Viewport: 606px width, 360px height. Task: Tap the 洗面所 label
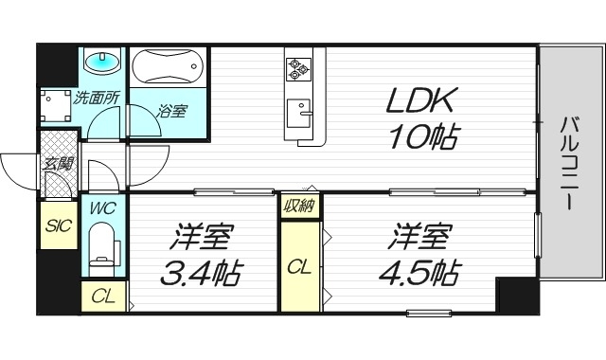(97, 96)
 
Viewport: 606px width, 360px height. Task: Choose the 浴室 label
(171, 111)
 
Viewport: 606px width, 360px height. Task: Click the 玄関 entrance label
(57, 162)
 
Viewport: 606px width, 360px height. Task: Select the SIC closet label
(57, 226)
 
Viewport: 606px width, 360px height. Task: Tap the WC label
(101, 207)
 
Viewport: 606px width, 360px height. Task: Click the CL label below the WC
(103, 297)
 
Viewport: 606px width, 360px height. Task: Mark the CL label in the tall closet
(299, 266)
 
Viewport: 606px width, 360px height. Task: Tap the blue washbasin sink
(102, 63)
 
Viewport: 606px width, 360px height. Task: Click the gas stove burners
(300, 67)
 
